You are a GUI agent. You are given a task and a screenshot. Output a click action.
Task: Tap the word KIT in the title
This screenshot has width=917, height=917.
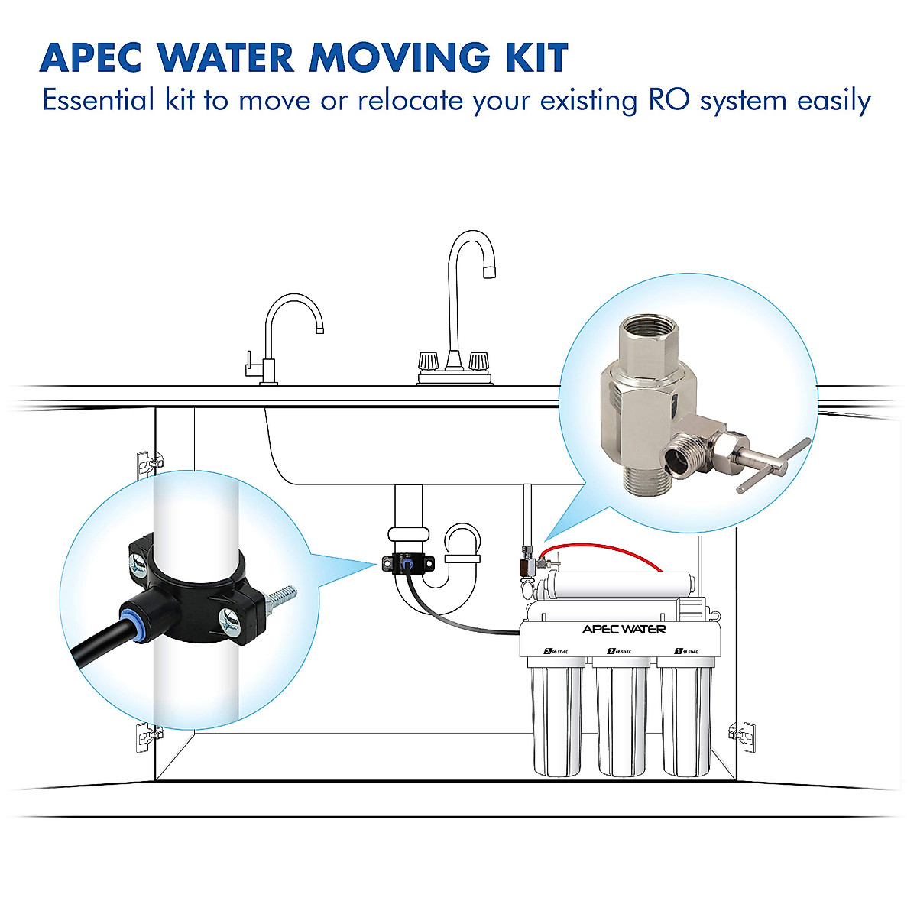(x=533, y=57)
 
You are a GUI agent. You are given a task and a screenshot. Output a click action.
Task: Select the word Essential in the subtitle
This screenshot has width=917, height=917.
(x=97, y=100)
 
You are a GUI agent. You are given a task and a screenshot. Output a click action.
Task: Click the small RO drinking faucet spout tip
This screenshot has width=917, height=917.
(x=319, y=329)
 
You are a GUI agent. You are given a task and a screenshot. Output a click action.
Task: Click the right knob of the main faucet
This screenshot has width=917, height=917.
(x=478, y=360)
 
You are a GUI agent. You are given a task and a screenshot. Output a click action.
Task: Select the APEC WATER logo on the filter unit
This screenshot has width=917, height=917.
(x=624, y=629)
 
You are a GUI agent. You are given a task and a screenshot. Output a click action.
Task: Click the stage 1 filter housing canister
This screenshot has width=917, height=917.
(x=685, y=718)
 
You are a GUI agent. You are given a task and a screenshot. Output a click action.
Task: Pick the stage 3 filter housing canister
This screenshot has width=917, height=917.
(x=556, y=718)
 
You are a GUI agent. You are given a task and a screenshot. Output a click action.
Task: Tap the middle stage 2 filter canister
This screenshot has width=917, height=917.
(x=621, y=718)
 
